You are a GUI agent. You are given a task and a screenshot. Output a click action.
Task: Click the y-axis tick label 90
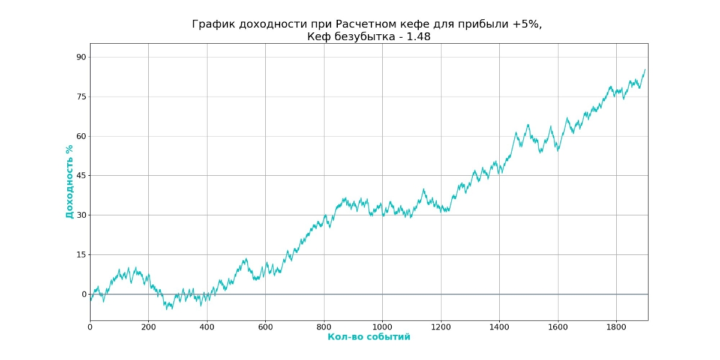click(x=81, y=57)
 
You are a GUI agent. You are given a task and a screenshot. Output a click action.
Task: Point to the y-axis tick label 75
click(x=81, y=97)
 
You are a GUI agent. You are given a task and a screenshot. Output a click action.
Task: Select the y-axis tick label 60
click(x=81, y=136)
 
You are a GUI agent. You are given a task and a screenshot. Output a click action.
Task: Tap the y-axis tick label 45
click(x=81, y=176)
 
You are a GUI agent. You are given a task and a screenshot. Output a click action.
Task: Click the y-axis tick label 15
click(x=81, y=254)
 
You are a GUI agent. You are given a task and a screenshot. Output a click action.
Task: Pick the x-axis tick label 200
click(x=148, y=327)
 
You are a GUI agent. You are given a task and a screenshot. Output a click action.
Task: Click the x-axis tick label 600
click(x=265, y=327)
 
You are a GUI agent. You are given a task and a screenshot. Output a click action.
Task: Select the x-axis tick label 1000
click(x=382, y=327)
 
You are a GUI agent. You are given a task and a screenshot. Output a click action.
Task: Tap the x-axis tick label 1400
click(x=499, y=327)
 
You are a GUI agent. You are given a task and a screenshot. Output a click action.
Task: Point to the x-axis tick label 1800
click(x=616, y=327)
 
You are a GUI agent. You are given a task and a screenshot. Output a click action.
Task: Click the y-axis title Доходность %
click(x=70, y=182)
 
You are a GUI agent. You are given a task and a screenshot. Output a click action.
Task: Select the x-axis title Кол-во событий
click(x=369, y=337)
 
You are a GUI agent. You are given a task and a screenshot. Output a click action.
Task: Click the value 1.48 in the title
click(x=418, y=37)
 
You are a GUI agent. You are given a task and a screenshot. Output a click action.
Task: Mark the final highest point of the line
click(x=645, y=70)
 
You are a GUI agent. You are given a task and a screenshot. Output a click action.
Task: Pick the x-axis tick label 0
click(x=90, y=327)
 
